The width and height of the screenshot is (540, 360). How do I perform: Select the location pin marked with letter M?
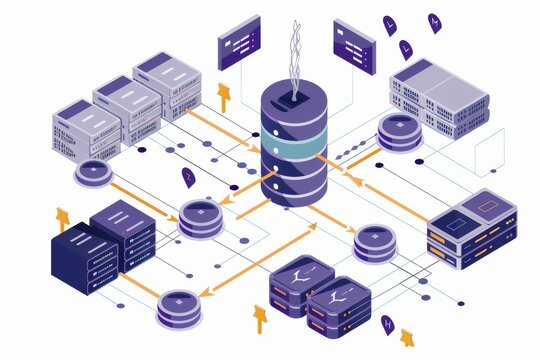tap(433, 21)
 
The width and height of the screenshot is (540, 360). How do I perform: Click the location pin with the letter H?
tap(388, 323)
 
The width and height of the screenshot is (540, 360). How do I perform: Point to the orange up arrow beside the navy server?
tap(63, 217)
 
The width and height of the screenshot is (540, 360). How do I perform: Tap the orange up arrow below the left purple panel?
tap(224, 96)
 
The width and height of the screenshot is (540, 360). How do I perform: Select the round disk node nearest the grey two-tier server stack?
tap(400, 131)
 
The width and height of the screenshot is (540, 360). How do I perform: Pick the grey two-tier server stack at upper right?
tap(437, 98)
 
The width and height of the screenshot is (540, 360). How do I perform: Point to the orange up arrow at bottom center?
tap(260, 318)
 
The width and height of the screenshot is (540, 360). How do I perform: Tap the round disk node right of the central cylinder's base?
tap(372, 242)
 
